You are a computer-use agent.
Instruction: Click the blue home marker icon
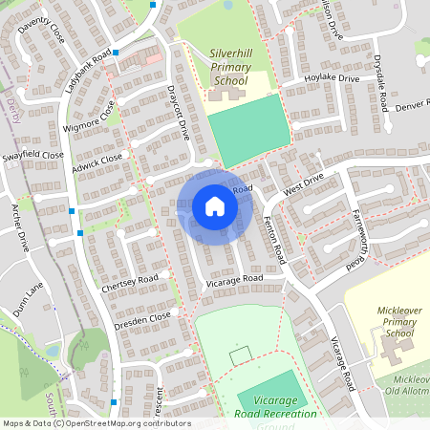(x=215, y=205)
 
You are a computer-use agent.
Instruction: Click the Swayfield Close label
(x=32, y=155)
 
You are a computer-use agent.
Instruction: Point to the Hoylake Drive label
(x=332, y=79)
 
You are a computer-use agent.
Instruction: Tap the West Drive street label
(x=304, y=179)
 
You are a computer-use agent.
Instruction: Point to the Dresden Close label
(x=141, y=316)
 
